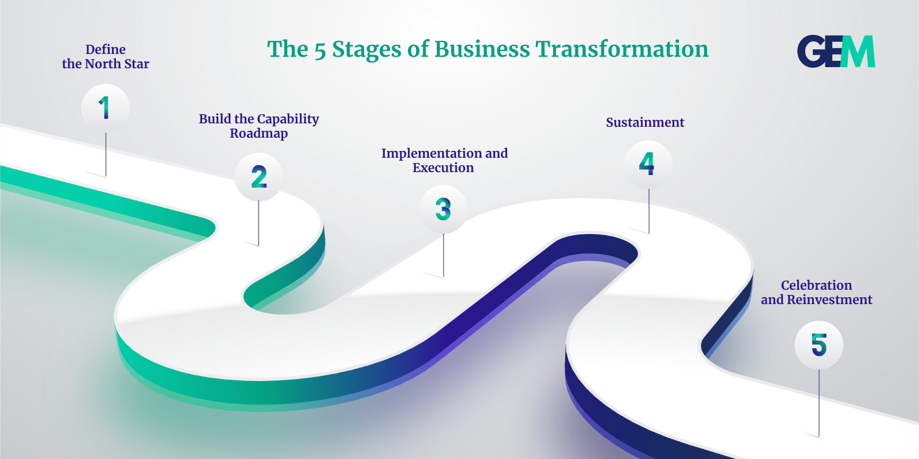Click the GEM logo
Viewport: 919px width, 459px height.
836,51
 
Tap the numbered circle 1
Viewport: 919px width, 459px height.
106,108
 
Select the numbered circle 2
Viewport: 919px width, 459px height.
259,177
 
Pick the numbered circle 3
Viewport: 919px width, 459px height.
443,209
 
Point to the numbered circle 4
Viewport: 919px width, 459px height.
648,164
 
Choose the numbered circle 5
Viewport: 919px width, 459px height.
819,345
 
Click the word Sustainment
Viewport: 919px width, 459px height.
646,122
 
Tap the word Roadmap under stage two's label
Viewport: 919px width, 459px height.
259,133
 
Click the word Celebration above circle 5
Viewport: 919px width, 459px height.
816,285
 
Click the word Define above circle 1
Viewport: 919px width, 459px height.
106,49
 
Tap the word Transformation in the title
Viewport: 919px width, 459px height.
622,49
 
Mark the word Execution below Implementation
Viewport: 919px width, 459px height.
443,168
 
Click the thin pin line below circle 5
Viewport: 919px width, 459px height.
819,403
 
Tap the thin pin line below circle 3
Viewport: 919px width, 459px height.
443,255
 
